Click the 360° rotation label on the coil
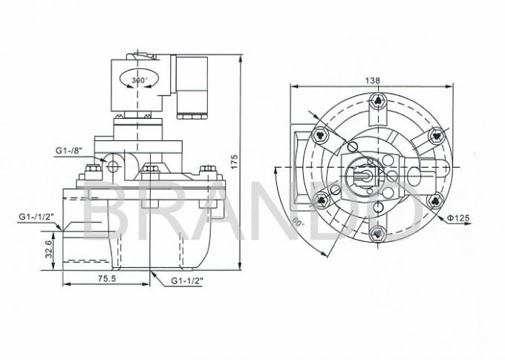139,79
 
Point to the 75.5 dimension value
107,280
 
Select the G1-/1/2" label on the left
36,217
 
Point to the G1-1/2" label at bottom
187,281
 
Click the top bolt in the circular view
379,101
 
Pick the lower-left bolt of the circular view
322,198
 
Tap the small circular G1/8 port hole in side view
113,166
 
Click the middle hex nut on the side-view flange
151,169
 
